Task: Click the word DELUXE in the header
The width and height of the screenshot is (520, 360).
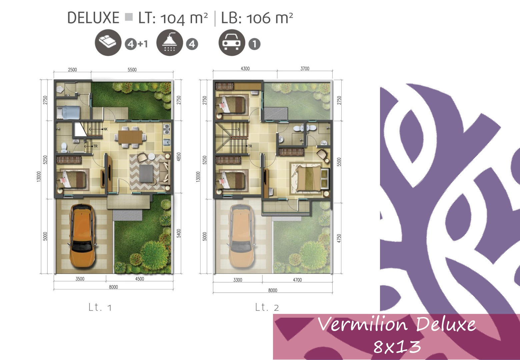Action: [x=93, y=18]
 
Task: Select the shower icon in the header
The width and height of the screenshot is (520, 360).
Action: [x=170, y=42]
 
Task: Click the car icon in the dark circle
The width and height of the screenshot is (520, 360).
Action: [x=232, y=42]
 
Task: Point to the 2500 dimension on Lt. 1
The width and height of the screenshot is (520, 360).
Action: [x=72, y=70]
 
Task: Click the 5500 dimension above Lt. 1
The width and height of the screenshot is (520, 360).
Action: [x=132, y=70]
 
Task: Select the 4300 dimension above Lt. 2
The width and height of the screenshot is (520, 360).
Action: [x=245, y=68]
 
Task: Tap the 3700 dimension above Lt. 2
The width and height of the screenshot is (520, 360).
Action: [x=305, y=68]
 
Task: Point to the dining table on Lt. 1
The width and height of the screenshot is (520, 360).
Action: [x=130, y=137]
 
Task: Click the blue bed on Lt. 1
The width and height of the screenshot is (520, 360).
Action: [x=68, y=112]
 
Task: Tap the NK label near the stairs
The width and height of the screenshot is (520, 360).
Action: [x=105, y=129]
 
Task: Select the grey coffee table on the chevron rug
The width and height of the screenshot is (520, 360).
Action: [x=146, y=174]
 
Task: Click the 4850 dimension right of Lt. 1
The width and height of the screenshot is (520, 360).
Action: [x=178, y=157]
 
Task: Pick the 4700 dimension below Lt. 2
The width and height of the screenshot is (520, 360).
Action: [x=297, y=280]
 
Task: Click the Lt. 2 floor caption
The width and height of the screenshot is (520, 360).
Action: [x=267, y=307]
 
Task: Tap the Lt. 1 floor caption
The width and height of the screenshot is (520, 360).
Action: [x=100, y=307]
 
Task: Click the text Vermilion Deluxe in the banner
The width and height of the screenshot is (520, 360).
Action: [x=397, y=324]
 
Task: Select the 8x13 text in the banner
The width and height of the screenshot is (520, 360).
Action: [x=397, y=347]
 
